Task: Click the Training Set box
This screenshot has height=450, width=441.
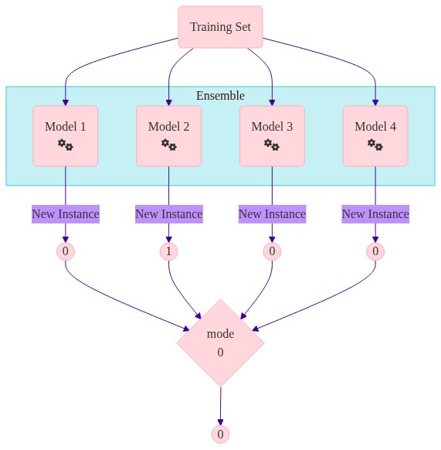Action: [221, 27]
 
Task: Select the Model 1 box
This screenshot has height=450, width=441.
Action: [66, 136]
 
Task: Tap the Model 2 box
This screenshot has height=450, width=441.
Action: [169, 136]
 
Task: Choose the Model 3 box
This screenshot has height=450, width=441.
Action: [272, 136]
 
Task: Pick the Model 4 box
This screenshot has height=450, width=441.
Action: [375, 136]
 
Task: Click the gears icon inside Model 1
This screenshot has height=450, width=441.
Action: [66, 145]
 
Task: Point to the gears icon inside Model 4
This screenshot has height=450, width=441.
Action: [375, 145]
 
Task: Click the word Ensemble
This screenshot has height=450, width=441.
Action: [221, 96]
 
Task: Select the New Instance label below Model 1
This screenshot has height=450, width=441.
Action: [66, 214]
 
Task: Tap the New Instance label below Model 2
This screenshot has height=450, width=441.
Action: [169, 214]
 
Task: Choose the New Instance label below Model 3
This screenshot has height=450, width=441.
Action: [273, 214]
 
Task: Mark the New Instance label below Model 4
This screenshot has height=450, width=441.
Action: [375, 214]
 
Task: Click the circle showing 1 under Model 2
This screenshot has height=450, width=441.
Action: [169, 251]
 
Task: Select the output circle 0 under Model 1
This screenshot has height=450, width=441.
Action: [66, 251]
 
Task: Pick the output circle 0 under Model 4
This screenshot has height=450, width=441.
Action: [375, 251]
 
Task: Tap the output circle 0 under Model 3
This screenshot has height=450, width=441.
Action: [272, 251]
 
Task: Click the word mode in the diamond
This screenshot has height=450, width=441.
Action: [221, 334]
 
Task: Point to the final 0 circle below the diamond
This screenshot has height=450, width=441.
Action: [221, 435]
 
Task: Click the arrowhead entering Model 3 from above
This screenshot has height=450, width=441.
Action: [272, 103]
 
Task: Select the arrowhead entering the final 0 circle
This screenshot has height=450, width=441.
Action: [221, 422]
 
